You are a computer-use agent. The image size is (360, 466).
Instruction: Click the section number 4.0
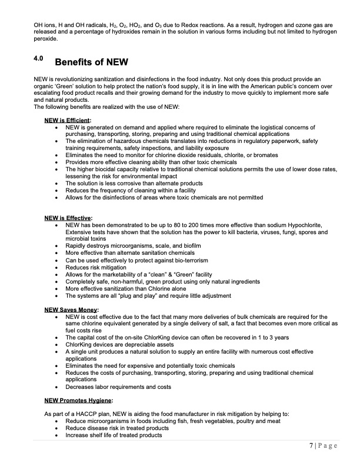[39, 59]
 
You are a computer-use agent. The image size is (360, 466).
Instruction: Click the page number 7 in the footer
[313, 446]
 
